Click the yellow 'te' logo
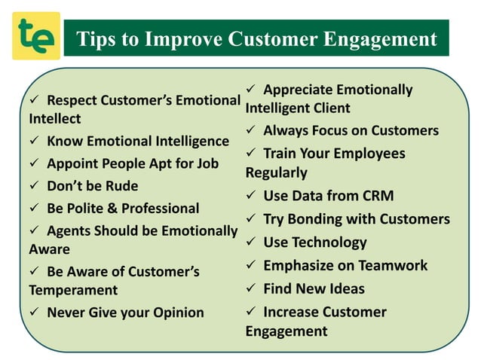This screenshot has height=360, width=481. click(35, 35)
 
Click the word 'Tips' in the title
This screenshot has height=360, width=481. click(96, 38)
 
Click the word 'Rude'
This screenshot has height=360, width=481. click(121, 185)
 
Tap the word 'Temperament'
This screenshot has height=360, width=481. click(73, 290)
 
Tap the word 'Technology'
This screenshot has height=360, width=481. click(331, 242)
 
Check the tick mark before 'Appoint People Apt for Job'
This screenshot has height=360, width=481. click(35, 163)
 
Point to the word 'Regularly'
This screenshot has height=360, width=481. click(276, 172)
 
